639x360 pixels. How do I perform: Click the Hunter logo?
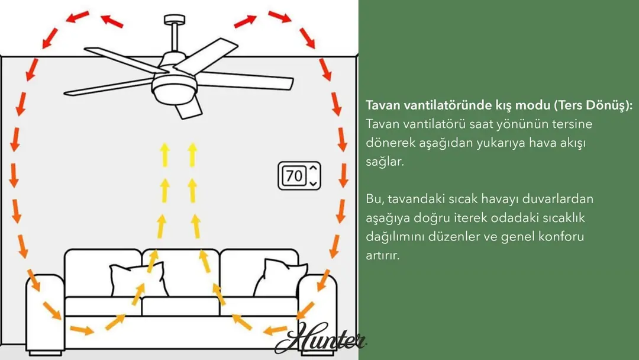322,339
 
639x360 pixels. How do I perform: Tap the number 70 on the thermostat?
293,176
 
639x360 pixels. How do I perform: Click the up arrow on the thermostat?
313,168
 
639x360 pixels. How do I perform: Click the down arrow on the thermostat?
313,183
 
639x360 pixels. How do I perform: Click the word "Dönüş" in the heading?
611,105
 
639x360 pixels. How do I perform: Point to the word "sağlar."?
385,162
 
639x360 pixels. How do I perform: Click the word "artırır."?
383,255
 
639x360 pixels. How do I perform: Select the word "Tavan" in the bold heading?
384,105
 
